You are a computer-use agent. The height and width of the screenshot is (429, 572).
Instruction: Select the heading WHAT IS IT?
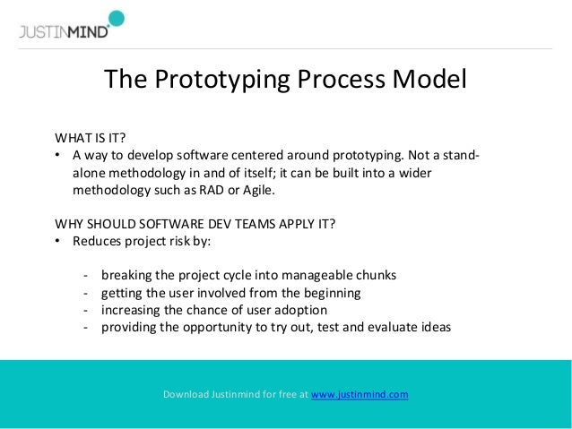pyautogui.click(x=91, y=138)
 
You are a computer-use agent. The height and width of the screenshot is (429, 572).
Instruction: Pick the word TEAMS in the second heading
pyautogui.click(x=234, y=223)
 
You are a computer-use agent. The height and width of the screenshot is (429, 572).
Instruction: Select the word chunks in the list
pyautogui.click(x=377, y=274)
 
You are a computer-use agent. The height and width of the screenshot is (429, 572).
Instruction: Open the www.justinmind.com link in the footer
pyautogui.click(x=360, y=394)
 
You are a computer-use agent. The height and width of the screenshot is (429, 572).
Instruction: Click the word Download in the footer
pyautogui.click(x=187, y=394)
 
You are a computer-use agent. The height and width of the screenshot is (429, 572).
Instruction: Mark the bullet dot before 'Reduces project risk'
pyautogui.click(x=58, y=242)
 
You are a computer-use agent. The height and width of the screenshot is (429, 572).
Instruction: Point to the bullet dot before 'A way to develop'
pyautogui.click(x=58, y=156)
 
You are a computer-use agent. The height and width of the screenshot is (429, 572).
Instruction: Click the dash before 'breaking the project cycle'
pyautogui.click(x=85, y=274)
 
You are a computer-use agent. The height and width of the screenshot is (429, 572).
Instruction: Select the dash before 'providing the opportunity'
pyautogui.click(x=85, y=327)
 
